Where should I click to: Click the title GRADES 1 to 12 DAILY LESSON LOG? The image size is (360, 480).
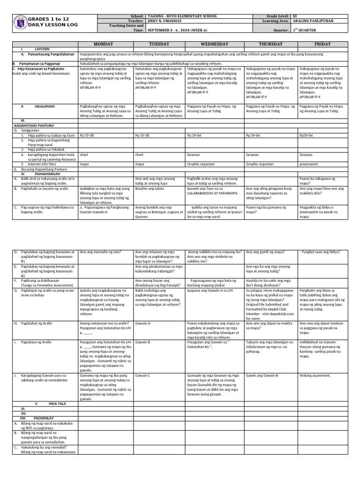point(49,21)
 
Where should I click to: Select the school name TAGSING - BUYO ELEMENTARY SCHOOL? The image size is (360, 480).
point(182,16)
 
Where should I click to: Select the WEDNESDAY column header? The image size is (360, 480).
point(214,44)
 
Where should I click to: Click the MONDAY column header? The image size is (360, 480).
point(106,44)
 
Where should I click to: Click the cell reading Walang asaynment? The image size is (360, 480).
point(315,375)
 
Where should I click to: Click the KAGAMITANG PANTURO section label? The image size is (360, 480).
point(34,126)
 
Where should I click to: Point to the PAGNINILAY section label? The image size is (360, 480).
point(44,418)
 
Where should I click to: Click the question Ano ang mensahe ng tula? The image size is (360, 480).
point(100,252)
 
